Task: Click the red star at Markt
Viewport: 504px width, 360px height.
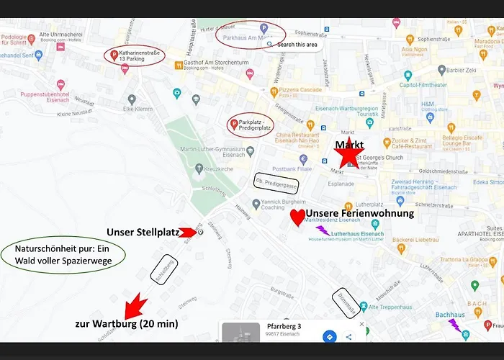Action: coord(348,153)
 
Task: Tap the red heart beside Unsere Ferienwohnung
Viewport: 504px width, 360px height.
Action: coord(297,217)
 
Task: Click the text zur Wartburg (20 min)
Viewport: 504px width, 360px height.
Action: coord(126,324)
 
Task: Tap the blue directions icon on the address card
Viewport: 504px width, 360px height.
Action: coord(328,337)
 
